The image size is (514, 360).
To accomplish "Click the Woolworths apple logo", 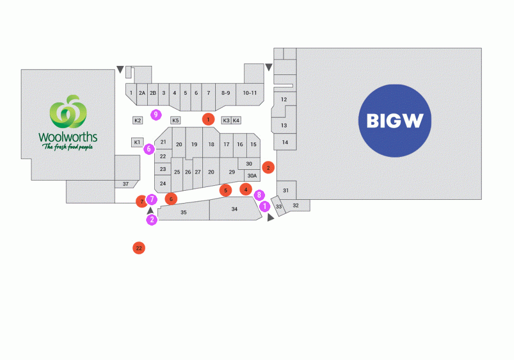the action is coord(68,111).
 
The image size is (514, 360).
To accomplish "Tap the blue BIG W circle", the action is coord(395,121).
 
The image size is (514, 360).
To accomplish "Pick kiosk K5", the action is coord(176,121).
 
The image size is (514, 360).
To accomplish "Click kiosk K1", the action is coord(138,142).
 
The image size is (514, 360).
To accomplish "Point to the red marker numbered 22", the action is coord(139,248).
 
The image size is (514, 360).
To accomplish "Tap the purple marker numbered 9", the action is coord(156,115).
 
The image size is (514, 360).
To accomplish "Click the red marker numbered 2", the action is coord(268,168).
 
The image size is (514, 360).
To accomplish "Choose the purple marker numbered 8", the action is coord(259,196).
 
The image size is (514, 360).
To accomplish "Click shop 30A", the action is coord(252,176).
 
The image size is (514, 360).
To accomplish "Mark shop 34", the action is coord(235,208).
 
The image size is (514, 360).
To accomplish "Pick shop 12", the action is coord(284,99).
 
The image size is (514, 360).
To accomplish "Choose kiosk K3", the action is coord(226,121).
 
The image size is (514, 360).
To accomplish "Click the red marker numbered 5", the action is coord(225,190).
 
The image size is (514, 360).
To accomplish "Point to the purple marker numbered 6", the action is coord(149,149).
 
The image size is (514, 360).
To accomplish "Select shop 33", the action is coord(278,206).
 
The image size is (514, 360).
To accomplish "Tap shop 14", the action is coord(285,142).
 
